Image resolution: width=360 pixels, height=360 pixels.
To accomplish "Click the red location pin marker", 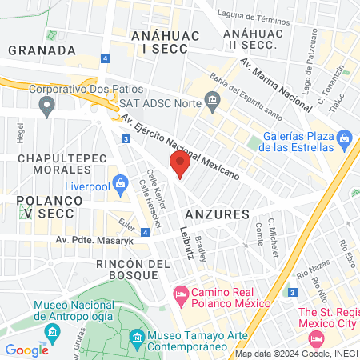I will (179, 165).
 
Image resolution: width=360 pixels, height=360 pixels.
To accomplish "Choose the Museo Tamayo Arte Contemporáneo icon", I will (137, 337).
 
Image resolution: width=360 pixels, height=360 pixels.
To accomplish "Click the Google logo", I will (26, 350).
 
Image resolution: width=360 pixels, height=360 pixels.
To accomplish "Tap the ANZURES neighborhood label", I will (217, 214).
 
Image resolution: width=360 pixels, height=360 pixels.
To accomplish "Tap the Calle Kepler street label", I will (154, 186).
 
